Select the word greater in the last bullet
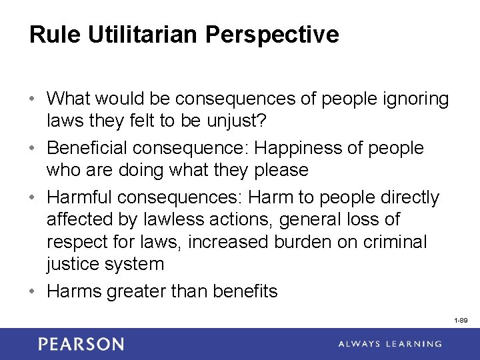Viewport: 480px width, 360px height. (137, 291)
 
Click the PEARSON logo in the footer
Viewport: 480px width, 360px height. (81, 344)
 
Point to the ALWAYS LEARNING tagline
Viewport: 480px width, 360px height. (390, 344)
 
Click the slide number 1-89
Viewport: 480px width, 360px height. (460, 321)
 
